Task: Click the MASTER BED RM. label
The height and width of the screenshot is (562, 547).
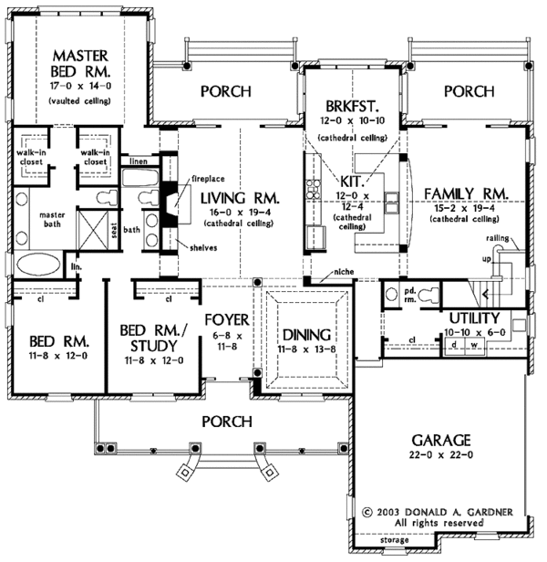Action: (80, 64)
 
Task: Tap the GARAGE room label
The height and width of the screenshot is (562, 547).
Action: (440, 440)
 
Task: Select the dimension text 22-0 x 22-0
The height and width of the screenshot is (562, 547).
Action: (441, 455)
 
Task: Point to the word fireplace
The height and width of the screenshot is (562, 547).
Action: (208, 179)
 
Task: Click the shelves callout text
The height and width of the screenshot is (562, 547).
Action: (203, 247)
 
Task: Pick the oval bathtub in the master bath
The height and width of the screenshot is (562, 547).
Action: (38, 265)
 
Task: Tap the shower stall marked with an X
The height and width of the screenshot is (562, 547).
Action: (93, 229)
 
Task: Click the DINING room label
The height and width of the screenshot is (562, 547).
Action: (306, 335)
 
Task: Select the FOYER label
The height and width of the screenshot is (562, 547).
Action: (227, 319)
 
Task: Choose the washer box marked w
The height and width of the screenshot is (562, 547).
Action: (474, 345)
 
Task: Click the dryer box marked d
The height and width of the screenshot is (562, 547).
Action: (454, 345)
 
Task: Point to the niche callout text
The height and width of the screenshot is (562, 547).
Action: (344, 272)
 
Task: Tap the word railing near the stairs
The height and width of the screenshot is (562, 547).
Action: (498, 238)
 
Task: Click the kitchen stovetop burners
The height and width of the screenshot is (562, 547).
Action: (313, 189)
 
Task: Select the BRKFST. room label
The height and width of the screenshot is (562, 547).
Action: (352, 106)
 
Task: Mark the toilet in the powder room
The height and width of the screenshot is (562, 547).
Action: (428, 295)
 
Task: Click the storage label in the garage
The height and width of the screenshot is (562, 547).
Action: (394, 540)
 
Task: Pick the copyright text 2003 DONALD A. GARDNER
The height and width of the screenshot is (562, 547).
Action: (444, 512)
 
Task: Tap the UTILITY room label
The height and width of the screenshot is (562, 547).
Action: (474, 318)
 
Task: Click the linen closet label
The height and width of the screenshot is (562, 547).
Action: (139, 161)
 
